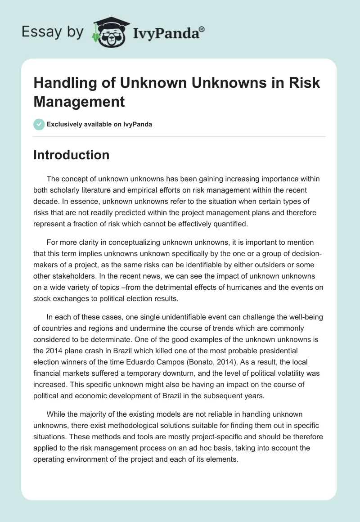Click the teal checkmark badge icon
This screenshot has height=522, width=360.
coord(39,124)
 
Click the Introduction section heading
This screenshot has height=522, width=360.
coord(72,155)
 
